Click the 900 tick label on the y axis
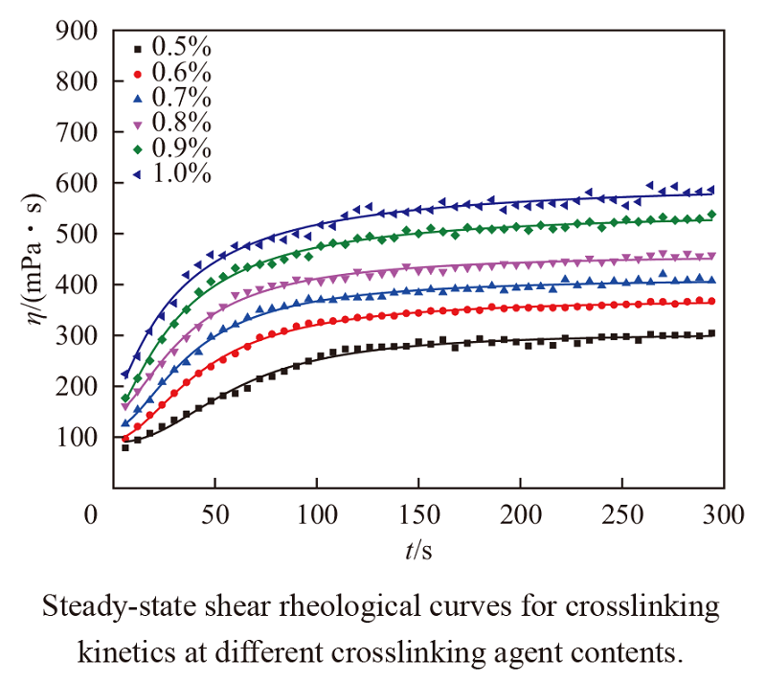pos(77,33)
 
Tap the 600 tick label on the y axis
pos(77,184)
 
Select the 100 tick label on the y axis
pos(77,438)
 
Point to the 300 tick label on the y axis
pos(77,336)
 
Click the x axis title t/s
pos(418,550)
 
